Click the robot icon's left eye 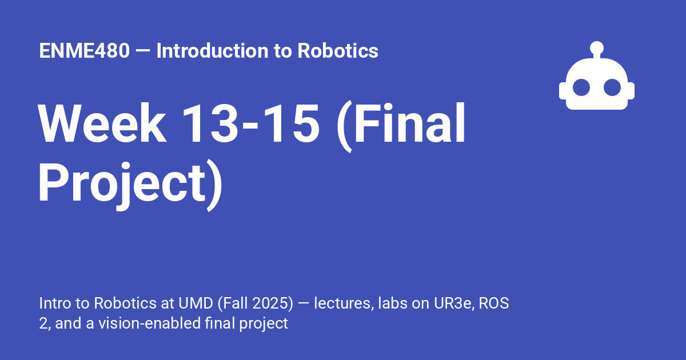point(581,87)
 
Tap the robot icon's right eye point(612,87)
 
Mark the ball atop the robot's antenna point(597,47)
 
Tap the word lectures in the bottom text point(340,303)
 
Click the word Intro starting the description point(53,303)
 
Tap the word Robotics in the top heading point(338,51)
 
